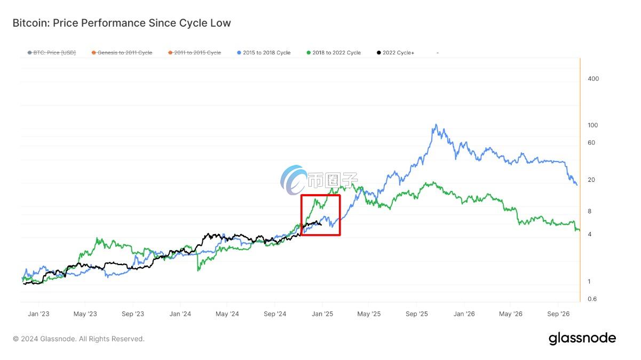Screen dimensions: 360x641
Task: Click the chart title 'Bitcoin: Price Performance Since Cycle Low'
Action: [122, 23]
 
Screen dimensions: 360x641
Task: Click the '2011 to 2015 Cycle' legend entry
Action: [194, 53]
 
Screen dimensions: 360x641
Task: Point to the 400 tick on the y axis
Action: [593, 79]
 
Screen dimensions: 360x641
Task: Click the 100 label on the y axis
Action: [593, 125]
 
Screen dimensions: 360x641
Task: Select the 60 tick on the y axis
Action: [591, 143]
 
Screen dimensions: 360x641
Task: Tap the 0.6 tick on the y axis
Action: [592, 299]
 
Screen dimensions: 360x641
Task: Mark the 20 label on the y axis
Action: [591, 180]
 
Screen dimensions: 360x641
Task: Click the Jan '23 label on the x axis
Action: [38, 314]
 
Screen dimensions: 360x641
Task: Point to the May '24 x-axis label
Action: [227, 314]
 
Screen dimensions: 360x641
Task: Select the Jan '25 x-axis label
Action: [322, 314]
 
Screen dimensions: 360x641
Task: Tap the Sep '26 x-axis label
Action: [558, 314]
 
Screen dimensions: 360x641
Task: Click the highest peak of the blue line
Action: [437, 125]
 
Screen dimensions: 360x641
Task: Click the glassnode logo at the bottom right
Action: [582, 338]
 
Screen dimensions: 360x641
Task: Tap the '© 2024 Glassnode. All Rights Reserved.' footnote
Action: [78, 339]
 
